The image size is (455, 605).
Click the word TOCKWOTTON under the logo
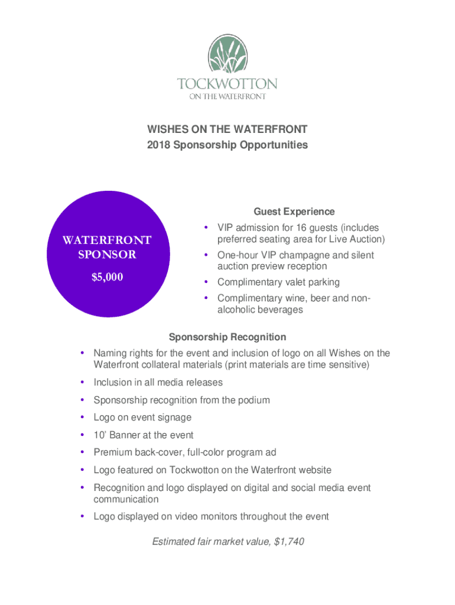(x=227, y=83)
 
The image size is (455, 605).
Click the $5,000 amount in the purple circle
(x=108, y=277)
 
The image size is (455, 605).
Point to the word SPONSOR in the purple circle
(x=108, y=255)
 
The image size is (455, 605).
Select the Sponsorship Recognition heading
(x=227, y=337)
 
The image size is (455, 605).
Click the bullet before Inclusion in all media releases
(x=82, y=383)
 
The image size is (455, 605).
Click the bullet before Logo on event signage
(x=82, y=418)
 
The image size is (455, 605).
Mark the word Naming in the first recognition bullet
(x=110, y=353)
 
